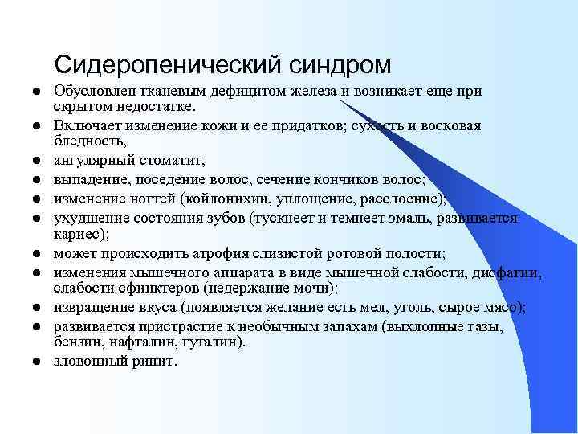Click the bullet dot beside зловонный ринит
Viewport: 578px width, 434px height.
click(38, 362)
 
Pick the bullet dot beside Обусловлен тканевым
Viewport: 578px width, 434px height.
click(38, 92)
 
